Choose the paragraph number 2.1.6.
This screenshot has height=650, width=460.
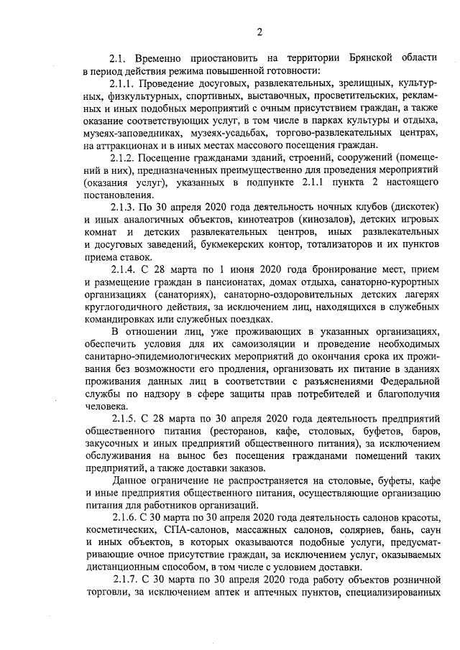126,518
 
